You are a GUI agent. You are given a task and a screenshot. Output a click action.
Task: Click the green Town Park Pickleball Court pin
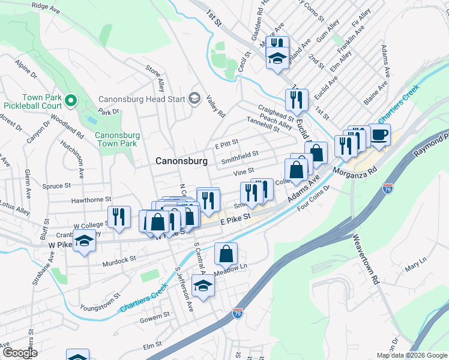71,100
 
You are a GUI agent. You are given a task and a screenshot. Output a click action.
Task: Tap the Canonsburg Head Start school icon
194,98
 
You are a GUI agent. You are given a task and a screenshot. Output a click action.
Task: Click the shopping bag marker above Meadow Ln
226,253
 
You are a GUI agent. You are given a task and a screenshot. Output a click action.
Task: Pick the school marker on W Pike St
85,242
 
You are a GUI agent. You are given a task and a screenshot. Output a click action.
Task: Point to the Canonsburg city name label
181,161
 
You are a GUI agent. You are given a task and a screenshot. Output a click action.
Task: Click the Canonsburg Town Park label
117,139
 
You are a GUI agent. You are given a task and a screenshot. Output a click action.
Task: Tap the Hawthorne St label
91,199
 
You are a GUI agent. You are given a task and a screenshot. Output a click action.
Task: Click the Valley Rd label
215,107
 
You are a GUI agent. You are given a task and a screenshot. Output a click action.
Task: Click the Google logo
20,353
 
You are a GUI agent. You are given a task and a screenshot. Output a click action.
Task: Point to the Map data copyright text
411,355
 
